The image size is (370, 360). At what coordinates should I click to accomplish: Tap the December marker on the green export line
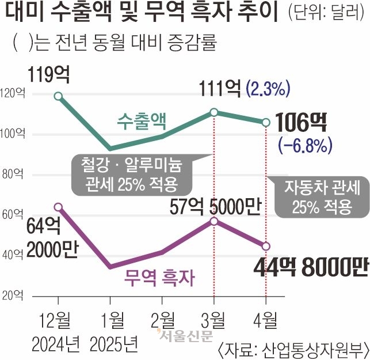[58, 96]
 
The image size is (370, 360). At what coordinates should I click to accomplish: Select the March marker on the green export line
[214, 112]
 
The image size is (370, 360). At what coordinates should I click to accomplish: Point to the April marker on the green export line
[266, 122]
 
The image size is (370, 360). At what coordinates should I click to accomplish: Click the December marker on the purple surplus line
[58, 206]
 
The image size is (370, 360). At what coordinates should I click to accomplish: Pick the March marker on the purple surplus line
[214, 221]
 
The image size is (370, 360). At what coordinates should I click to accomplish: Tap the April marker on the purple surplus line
[266, 246]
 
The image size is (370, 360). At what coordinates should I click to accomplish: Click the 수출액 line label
[141, 122]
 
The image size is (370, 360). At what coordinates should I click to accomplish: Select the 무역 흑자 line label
[159, 279]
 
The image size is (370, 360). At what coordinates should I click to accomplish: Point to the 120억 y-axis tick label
[13, 93]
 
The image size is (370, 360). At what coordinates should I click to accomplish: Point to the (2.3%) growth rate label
[267, 89]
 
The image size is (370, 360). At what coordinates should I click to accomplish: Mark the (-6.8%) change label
[304, 144]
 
